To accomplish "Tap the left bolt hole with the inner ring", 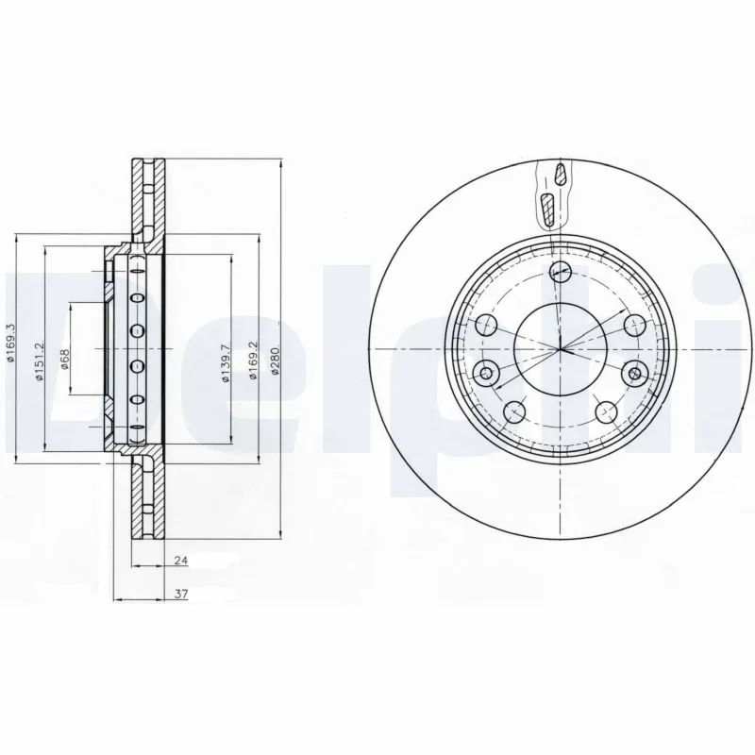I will (487, 374).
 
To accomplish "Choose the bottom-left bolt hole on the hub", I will (515, 411).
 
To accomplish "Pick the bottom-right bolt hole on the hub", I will (606, 411).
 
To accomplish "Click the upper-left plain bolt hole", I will (488, 326).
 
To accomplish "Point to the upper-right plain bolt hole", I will (633, 326).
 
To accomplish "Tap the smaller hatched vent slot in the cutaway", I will (561, 174).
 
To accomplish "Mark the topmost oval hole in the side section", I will (135, 274).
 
